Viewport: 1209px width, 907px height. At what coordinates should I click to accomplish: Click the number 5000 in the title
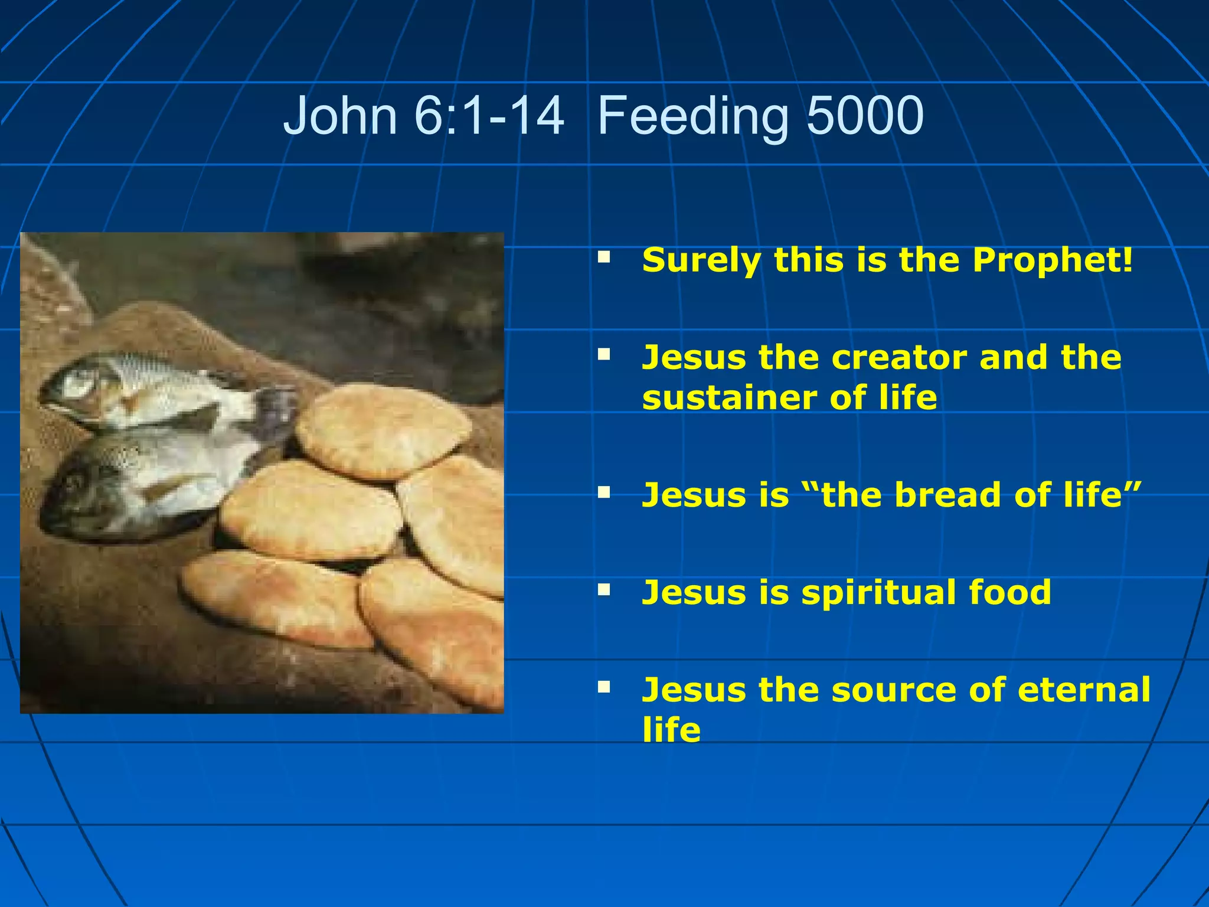pos(865,115)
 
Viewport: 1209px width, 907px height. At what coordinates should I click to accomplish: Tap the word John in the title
pos(340,115)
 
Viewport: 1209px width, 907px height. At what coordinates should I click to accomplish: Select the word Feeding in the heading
pos(693,115)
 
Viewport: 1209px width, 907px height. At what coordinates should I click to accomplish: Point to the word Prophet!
pos(1053,260)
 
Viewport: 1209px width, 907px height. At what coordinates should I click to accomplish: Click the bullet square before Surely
pos(603,257)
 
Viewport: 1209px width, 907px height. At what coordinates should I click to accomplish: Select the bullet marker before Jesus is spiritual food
pos(603,589)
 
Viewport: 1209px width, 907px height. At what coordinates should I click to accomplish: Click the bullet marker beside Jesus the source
pos(603,686)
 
